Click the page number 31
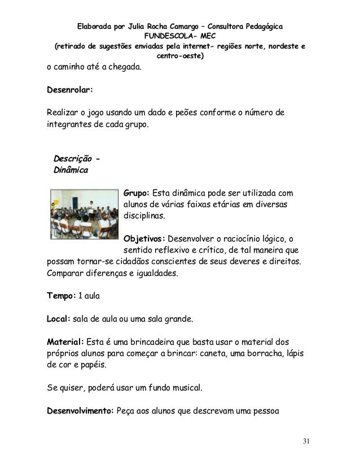tap(306, 440)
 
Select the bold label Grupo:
tap(138, 194)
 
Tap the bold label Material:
tap(65, 342)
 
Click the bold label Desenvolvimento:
tap(80, 411)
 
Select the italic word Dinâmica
tap(70, 169)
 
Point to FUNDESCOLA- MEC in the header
tap(180, 37)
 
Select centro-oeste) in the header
tap(180, 57)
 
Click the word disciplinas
tap(145, 216)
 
